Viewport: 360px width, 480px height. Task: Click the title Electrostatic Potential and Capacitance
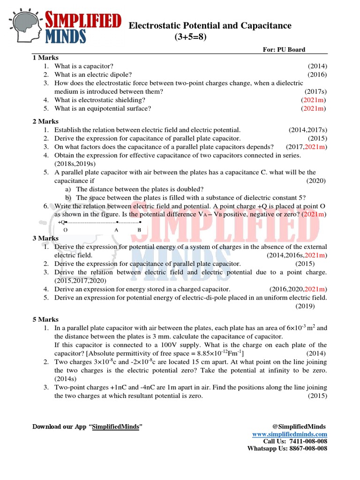[210, 26]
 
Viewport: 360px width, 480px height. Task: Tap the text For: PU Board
[284, 50]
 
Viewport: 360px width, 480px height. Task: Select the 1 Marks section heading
[45, 58]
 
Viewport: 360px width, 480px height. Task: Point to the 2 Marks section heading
[45, 121]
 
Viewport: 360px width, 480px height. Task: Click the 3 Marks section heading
[45, 238]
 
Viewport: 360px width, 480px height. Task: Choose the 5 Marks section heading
[45, 319]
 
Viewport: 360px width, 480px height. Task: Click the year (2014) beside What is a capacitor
[317, 66]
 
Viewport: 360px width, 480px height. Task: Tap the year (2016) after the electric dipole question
[317, 75]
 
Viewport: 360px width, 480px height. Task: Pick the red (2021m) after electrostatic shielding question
[314, 100]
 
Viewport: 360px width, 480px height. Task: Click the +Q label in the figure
[61, 222]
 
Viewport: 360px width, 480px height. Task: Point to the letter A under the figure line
[116, 230]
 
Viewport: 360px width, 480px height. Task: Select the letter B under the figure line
[139, 230]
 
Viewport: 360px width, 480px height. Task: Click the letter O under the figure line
[65, 230]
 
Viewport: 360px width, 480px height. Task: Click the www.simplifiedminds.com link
[290, 435]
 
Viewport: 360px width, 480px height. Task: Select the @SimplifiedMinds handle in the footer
[299, 426]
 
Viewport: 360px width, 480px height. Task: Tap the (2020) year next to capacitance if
[316, 180]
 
